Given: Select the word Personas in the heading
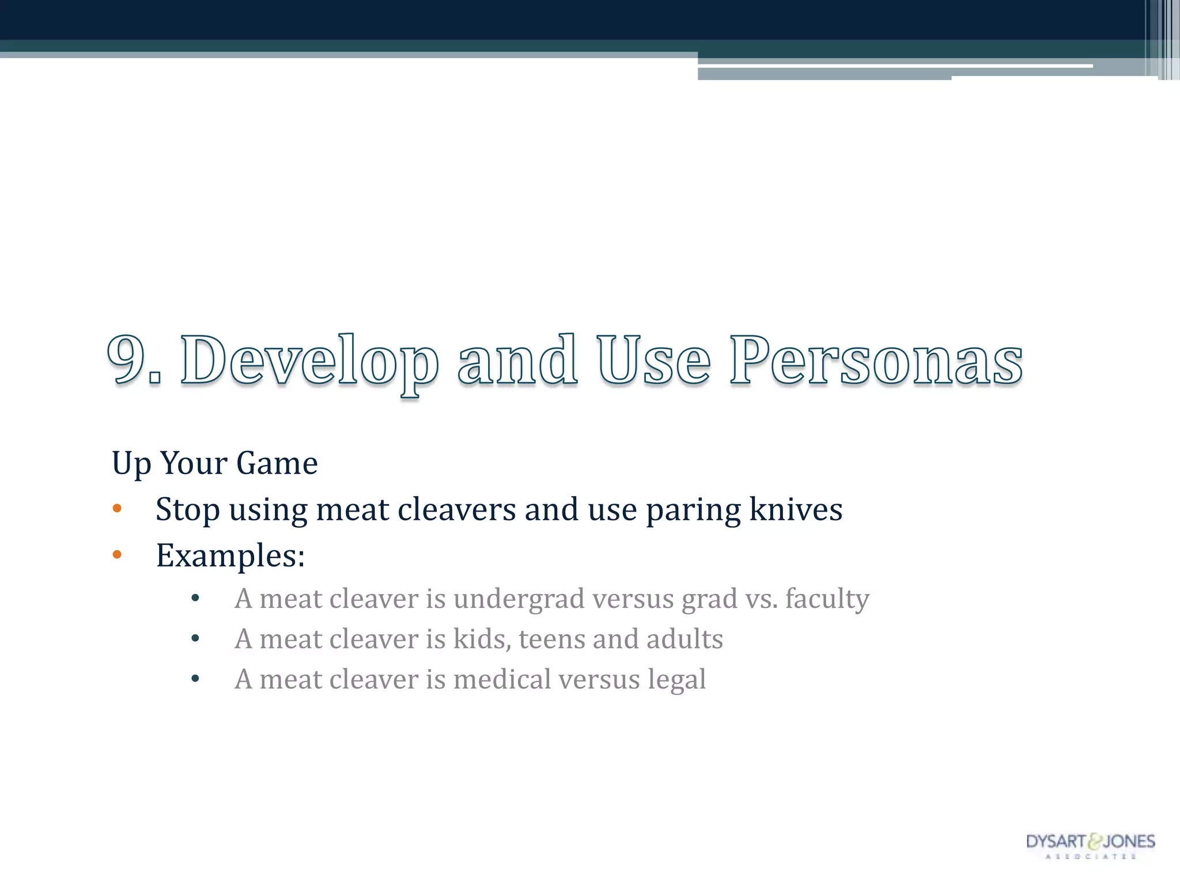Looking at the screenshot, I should (876, 361).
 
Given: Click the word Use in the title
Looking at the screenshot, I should (653, 361).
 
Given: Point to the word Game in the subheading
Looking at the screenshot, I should (277, 463).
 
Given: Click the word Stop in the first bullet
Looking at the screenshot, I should (187, 510).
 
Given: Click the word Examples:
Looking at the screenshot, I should (230, 557).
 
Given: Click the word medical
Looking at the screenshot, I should (502, 680).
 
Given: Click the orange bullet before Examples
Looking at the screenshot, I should (117, 555).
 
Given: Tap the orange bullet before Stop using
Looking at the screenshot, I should (117, 508).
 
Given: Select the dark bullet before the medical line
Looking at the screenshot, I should (195, 679).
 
